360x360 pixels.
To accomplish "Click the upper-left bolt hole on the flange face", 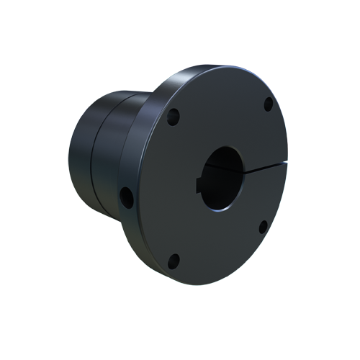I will [x=173, y=115].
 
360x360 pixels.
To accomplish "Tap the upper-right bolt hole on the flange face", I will [x=268, y=103].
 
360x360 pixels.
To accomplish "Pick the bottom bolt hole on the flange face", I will [x=173, y=260].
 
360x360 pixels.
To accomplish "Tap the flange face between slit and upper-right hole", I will [x=266, y=137].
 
